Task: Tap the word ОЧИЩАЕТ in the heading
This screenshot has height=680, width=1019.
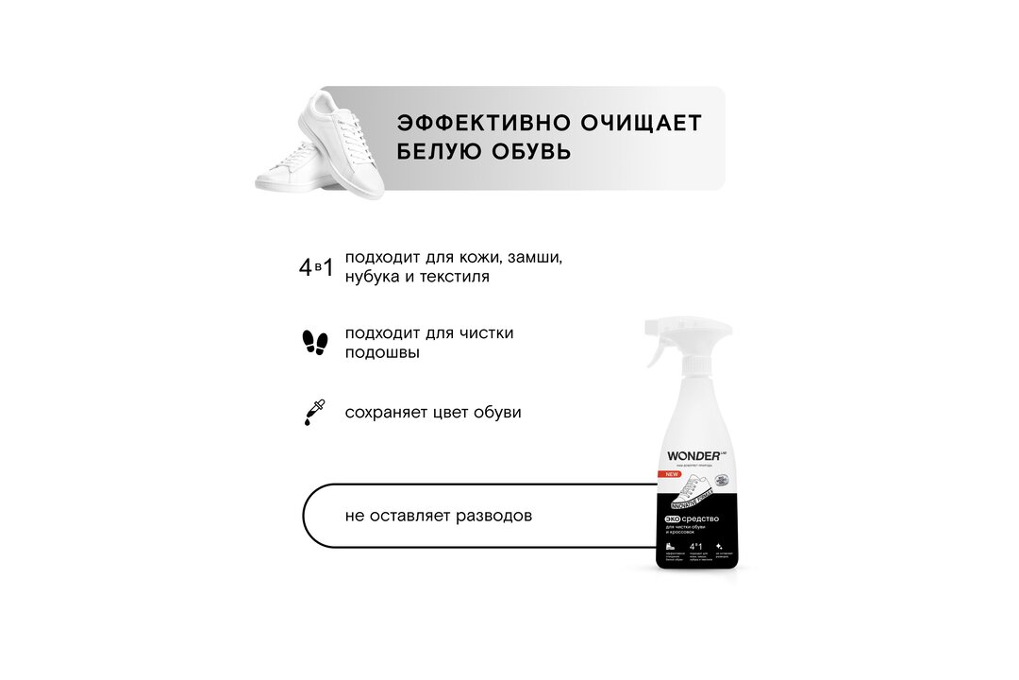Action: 645,124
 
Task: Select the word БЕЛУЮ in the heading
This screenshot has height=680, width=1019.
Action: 441,152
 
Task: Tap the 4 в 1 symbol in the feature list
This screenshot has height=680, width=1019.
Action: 315,267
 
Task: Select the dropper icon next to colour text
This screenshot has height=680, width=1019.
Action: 313,413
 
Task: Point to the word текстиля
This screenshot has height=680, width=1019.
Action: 454,277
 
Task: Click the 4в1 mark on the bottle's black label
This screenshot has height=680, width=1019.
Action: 697,546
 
